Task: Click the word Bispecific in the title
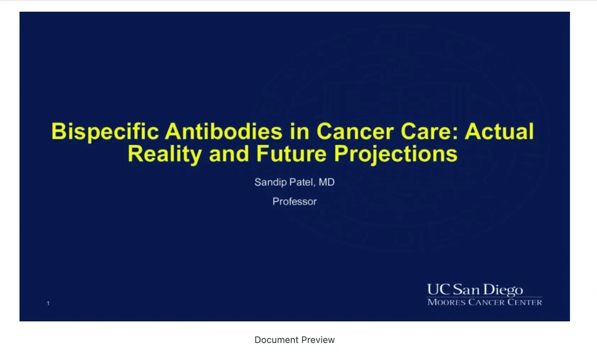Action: click(x=105, y=132)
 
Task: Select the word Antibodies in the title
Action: click(x=224, y=132)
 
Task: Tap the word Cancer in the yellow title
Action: click(x=355, y=132)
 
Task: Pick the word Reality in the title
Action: click(x=164, y=154)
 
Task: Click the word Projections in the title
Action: click(x=396, y=154)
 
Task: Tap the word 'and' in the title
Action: click(x=229, y=154)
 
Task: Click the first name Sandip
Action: click(x=270, y=182)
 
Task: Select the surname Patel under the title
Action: click(x=302, y=182)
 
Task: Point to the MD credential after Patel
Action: click(x=327, y=182)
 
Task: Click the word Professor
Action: click(x=294, y=202)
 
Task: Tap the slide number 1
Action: click(x=48, y=303)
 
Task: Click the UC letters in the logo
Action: click(x=438, y=289)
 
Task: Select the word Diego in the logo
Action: click(x=503, y=290)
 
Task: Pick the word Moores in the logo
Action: click(x=446, y=302)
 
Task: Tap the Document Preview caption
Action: click(x=294, y=340)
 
